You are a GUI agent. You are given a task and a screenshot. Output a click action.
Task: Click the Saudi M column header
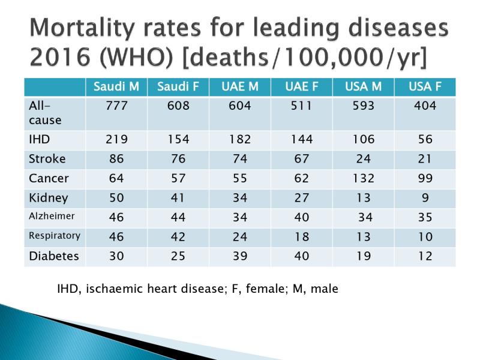click(x=116, y=87)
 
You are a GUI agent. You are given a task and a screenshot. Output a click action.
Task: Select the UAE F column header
click(x=301, y=87)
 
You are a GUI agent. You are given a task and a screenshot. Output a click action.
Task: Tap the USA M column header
click(x=363, y=87)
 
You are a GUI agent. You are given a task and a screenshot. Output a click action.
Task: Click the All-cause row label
click(x=45, y=112)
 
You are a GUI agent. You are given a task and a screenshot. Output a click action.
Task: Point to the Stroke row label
click(x=46, y=159)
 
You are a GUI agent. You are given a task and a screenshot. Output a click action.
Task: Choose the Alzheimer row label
click(x=50, y=217)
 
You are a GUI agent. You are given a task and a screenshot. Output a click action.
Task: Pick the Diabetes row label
click(x=54, y=256)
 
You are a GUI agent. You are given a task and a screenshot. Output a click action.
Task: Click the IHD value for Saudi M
click(x=116, y=140)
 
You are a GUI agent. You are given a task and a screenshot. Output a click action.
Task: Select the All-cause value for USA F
click(x=424, y=106)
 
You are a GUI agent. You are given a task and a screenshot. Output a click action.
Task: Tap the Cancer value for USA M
click(x=363, y=178)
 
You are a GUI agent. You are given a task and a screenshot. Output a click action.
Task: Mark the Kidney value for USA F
click(x=424, y=198)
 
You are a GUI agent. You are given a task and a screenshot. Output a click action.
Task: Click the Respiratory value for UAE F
click(x=301, y=236)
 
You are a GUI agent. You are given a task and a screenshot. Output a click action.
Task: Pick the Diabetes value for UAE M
click(x=239, y=256)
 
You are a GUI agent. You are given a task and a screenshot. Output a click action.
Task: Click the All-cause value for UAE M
click(x=239, y=106)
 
